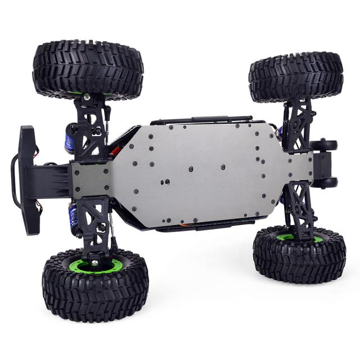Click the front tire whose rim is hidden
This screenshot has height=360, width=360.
(88, 69)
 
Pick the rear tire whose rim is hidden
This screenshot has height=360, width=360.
(296, 76)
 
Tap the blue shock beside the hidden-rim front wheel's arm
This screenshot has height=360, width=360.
(70, 138)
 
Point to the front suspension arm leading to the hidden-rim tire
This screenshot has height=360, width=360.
(90, 124)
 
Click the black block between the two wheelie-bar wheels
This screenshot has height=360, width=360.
(320, 164)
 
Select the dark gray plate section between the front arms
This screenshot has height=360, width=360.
(90, 177)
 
